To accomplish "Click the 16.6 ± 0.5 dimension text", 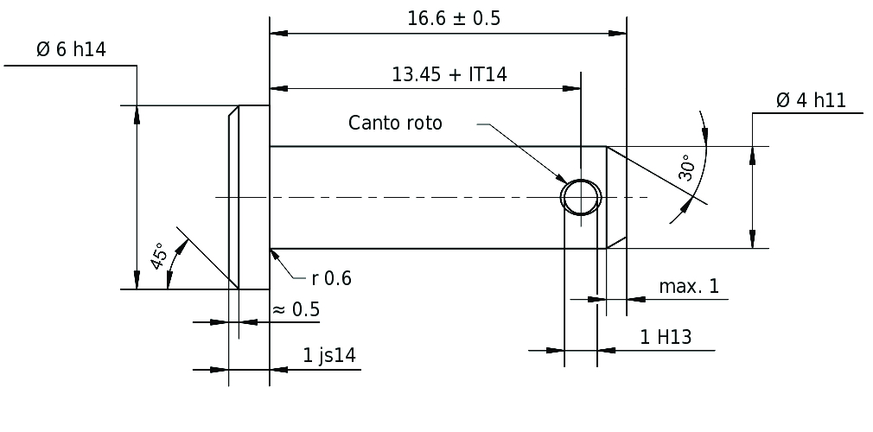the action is click(454, 18).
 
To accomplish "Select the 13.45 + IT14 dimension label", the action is click(449, 74).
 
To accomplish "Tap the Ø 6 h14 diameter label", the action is click(71, 49).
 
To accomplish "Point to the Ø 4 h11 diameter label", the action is click(811, 100).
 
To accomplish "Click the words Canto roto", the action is click(395, 123).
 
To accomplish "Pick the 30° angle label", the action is click(686, 168).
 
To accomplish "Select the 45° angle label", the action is click(159, 256).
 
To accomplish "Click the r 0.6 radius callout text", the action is click(331, 278).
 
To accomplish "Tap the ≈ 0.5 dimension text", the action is click(295, 309).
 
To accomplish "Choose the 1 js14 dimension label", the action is click(329, 354).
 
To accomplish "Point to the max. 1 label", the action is click(689, 286).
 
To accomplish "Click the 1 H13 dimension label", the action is click(666, 337).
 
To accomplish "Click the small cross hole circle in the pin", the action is click(581, 197).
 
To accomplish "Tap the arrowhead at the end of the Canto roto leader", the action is click(561, 178).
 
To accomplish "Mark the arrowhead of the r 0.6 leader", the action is click(274, 254).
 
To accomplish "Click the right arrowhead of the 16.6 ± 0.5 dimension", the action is click(617, 34).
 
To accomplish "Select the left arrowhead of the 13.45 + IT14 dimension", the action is click(279, 88).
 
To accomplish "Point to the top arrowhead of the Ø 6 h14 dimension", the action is click(137, 115).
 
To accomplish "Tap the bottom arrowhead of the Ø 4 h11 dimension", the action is click(753, 238).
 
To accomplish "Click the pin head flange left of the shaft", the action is click(249, 197).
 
